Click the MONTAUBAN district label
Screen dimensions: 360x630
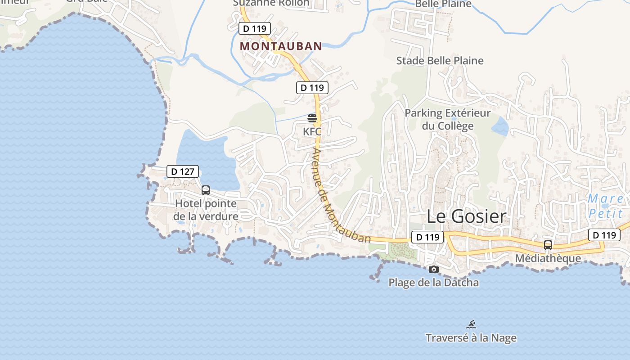tap(281, 46)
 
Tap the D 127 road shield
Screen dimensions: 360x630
tap(183, 171)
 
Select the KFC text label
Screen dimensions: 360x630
tap(312, 132)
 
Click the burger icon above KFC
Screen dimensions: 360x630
tap(312, 118)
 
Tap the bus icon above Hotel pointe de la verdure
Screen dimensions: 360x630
tap(206, 190)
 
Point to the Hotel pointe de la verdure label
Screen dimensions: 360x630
tap(206, 210)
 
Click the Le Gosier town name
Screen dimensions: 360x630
tap(466, 216)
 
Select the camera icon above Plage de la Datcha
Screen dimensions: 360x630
tap(434, 270)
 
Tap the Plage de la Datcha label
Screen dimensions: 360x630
tap(433, 283)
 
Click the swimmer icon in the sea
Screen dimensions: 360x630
tap(471, 324)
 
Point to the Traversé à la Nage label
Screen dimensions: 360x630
tap(471, 338)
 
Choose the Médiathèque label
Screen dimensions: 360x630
tap(548, 258)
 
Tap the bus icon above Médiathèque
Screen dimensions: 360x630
tap(548, 245)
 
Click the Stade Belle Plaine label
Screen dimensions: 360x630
tap(440, 60)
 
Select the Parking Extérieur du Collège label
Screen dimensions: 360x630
tap(447, 119)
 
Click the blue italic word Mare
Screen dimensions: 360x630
tap(605, 198)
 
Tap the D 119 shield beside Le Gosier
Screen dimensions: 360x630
tap(427, 237)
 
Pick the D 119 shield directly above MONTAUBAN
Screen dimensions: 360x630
tap(255, 29)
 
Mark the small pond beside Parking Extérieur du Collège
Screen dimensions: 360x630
tap(499, 126)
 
